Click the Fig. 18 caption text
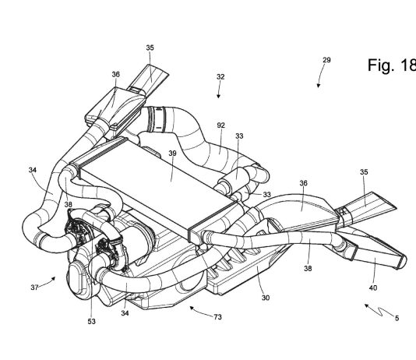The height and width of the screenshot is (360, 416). click(392, 65)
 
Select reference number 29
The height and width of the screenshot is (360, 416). click(326, 60)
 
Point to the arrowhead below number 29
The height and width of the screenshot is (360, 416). click(319, 85)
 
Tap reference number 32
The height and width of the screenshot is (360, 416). click(220, 76)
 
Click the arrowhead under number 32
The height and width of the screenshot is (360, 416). click(218, 96)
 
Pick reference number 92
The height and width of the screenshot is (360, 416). click(220, 125)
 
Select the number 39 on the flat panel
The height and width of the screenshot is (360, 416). click(172, 153)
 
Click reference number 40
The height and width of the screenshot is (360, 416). click(372, 288)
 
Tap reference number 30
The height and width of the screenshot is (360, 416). click(266, 298)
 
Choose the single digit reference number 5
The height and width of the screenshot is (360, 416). click(397, 318)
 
